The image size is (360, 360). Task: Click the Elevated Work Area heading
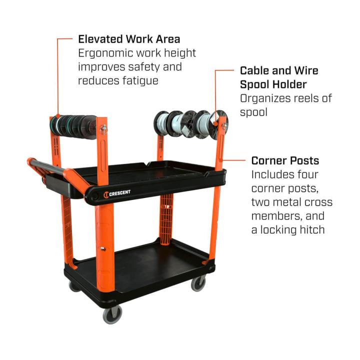pos(129,39)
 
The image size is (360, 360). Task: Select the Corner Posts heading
pos(285,160)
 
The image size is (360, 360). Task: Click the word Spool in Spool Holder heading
pos(253,84)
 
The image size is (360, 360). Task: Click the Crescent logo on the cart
pos(117,193)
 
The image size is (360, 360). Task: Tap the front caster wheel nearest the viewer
pos(112,314)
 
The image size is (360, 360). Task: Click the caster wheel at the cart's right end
pos(198,284)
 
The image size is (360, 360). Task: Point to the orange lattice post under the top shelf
pos(166,218)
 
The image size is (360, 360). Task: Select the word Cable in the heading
pos(254,70)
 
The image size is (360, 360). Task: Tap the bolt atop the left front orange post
pos(104,128)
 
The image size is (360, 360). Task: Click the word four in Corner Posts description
pos(307,174)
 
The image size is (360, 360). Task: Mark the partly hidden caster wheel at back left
pos(74,286)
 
